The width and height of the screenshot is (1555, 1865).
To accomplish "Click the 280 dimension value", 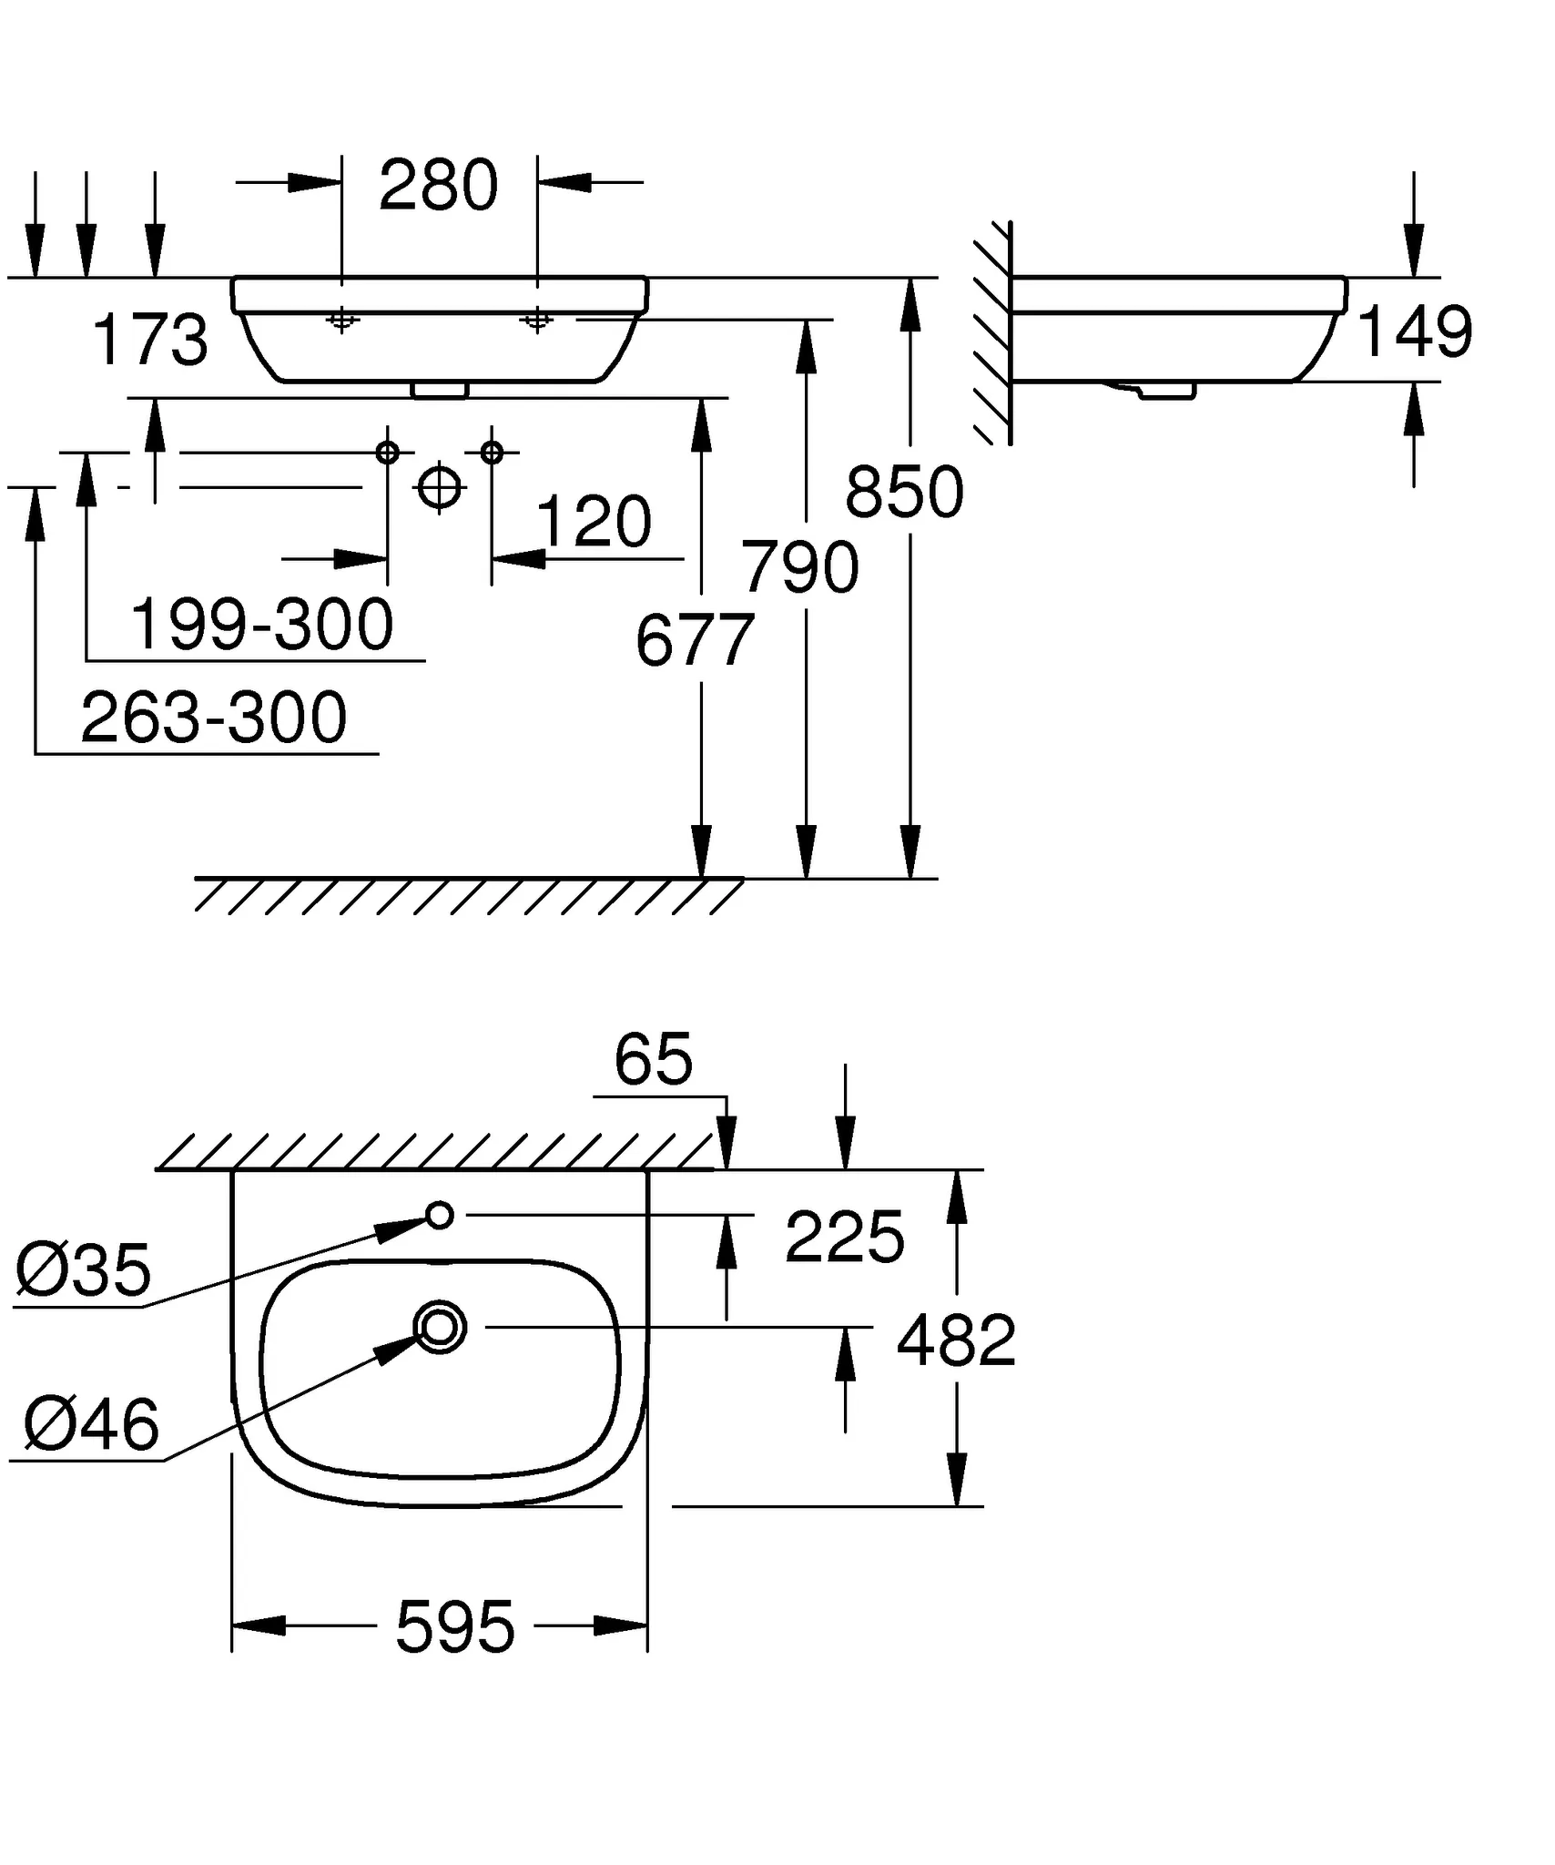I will pyautogui.click(x=438, y=187).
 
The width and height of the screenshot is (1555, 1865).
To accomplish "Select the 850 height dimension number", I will pyautogui.click(x=904, y=493).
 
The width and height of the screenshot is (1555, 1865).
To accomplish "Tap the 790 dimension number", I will pyautogui.click(x=799, y=567).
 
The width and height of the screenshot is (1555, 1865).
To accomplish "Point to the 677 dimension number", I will pyautogui.click(x=695, y=641).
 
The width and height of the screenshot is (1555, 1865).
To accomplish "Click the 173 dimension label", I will pyautogui.click(x=150, y=341).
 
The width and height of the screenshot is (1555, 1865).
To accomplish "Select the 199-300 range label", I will pyautogui.click(x=261, y=626).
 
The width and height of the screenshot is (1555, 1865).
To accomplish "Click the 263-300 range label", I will pyautogui.click(x=214, y=718).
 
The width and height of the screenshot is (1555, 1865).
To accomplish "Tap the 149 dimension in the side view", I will pyautogui.click(x=1414, y=331).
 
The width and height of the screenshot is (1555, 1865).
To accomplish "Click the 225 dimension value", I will pyautogui.click(x=844, y=1238).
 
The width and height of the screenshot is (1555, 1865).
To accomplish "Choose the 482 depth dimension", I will pyautogui.click(x=956, y=1340).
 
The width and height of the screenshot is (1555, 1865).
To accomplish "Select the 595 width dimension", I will pyautogui.click(x=455, y=1627).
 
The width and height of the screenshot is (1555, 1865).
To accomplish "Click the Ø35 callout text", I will pyautogui.click(x=83, y=1270).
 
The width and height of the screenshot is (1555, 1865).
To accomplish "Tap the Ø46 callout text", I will pyautogui.click(x=91, y=1425).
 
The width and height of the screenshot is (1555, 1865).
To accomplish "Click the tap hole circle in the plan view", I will pyautogui.click(x=440, y=1215).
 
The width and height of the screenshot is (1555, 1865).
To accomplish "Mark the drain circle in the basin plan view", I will pyautogui.click(x=440, y=1327).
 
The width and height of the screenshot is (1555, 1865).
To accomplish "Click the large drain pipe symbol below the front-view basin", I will pyautogui.click(x=440, y=487).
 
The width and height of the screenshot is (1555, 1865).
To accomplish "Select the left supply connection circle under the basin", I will pyautogui.click(x=388, y=452).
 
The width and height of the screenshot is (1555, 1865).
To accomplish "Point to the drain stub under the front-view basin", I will pyautogui.click(x=440, y=391).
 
